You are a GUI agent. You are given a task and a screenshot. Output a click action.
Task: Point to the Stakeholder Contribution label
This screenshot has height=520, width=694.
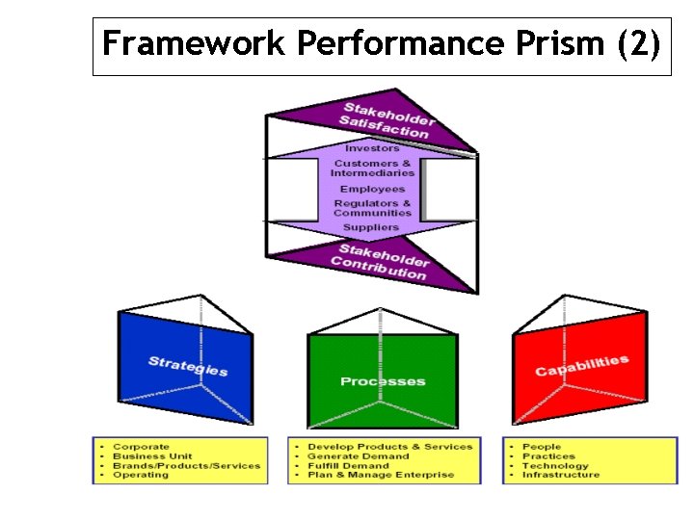click(x=380, y=262)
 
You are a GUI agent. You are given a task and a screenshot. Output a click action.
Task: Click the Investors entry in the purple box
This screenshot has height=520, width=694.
click(x=372, y=148)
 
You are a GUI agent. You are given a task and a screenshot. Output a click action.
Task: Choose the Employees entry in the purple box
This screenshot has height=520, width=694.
click(x=372, y=189)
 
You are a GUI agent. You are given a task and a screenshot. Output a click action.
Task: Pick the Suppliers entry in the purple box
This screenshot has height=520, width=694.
click(x=372, y=227)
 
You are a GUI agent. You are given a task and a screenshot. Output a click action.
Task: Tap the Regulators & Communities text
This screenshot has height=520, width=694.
click(x=372, y=208)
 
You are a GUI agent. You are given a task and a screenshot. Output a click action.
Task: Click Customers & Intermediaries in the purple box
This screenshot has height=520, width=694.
click(x=372, y=169)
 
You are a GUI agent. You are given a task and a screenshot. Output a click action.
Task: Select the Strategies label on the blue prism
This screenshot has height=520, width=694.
click(x=188, y=366)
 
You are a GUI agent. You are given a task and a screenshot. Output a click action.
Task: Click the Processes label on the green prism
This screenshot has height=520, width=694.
click(x=382, y=381)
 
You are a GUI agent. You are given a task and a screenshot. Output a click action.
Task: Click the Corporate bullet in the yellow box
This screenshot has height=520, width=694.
click(x=141, y=447)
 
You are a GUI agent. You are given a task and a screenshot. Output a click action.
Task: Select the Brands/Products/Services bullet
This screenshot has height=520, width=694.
click(x=186, y=466)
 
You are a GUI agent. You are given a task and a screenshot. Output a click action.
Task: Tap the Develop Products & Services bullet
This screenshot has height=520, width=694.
click(x=390, y=447)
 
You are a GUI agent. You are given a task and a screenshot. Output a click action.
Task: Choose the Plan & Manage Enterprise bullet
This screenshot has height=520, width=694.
click(x=381, y=475)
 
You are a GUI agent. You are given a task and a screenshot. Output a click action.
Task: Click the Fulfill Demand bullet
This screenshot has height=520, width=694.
click(x=348, y=466)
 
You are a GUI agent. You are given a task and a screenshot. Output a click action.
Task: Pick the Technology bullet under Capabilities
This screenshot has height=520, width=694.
click(x=554, y=466)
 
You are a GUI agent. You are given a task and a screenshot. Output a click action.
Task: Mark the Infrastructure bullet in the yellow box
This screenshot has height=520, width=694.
click(x=560, y=475)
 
